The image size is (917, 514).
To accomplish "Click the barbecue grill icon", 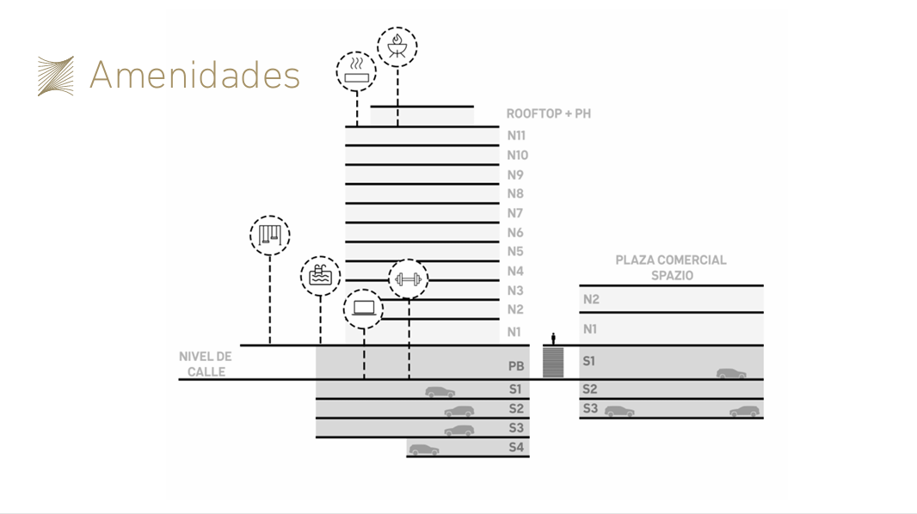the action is tap(397, 46).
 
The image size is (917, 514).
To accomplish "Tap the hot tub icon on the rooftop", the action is tap(356, 72).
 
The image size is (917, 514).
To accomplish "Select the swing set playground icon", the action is tap(269, 236).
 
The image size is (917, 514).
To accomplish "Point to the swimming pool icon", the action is tap(321, 276).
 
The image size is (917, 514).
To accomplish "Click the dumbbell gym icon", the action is tap(409, 279).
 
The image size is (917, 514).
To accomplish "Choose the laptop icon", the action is tap(363, 309).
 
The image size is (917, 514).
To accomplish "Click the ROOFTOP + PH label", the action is tap(549, 113).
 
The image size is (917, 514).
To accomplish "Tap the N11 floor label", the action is tap(516, 136).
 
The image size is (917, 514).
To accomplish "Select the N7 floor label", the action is tap(514, 213).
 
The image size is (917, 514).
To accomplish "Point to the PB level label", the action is tap(516, 366).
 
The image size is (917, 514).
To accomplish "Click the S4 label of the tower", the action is tap(516, 448).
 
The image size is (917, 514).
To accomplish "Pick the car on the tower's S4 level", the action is tap(424, 450).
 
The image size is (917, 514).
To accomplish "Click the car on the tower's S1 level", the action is tap(440, 392).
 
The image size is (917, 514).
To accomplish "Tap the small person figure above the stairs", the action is tap(553, 339).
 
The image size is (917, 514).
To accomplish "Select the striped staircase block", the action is tap(553, 362).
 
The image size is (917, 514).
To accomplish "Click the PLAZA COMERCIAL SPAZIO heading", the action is tap(671, 267).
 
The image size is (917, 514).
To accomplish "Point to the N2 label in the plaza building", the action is tap(591, 300).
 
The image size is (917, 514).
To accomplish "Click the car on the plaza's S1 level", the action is tap(731, 374).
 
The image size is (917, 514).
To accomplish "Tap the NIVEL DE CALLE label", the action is tap(206, 364).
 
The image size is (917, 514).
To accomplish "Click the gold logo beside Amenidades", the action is tap(56, 76).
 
